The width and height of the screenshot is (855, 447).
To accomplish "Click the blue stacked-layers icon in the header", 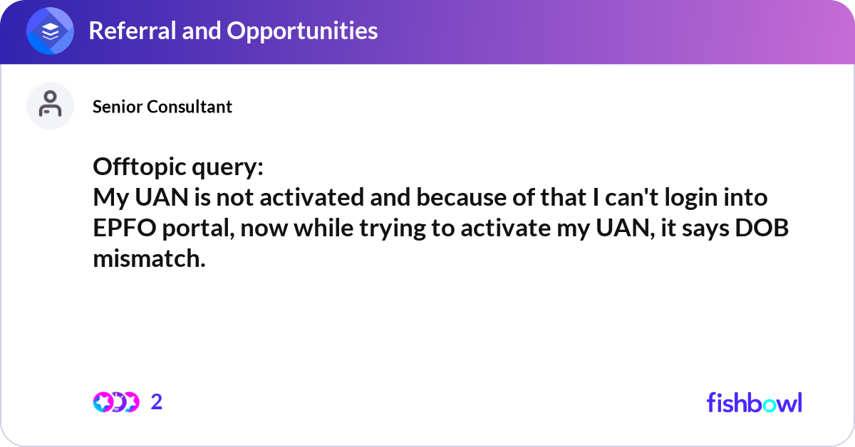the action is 50,31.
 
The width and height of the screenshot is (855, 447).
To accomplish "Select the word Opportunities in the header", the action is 302,31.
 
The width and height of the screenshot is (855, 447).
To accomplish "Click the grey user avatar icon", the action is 50,105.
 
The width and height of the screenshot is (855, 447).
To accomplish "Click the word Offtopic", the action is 140,167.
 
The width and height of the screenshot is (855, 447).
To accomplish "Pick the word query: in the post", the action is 227,169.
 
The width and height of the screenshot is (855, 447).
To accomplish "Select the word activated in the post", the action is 312,198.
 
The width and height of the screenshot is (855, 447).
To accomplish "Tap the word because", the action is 461,198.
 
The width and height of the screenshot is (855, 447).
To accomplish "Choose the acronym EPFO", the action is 125,228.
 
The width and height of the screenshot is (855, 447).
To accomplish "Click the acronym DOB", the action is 762,228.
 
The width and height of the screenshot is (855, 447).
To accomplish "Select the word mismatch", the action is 149,258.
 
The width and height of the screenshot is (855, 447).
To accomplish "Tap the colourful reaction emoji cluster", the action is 116,402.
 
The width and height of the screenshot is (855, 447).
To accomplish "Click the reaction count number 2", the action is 157,402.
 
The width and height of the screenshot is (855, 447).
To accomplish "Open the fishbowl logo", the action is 755,402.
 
